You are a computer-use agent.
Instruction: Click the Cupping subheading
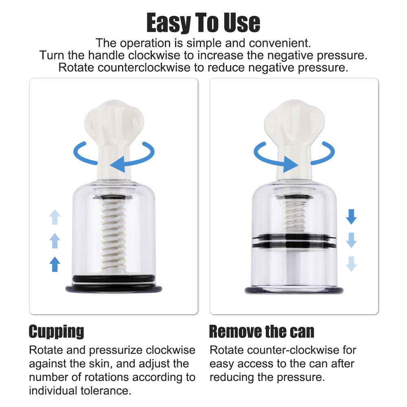(56, 332)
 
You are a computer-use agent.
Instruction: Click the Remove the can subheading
(261, 332)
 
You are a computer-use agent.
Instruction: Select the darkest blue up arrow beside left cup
(55, 265)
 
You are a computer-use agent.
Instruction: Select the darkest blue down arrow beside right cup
(351, 217)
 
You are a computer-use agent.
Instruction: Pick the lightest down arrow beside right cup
(351, 265)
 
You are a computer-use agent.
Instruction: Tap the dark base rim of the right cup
(294, 290)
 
